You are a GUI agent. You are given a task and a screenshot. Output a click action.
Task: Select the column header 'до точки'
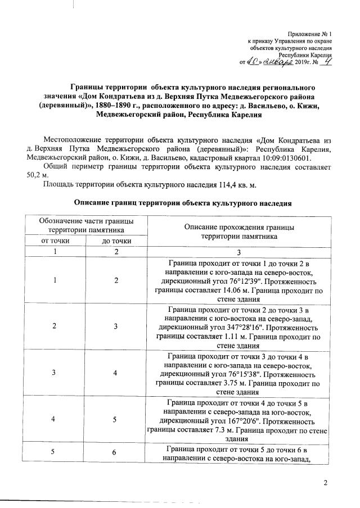116,241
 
